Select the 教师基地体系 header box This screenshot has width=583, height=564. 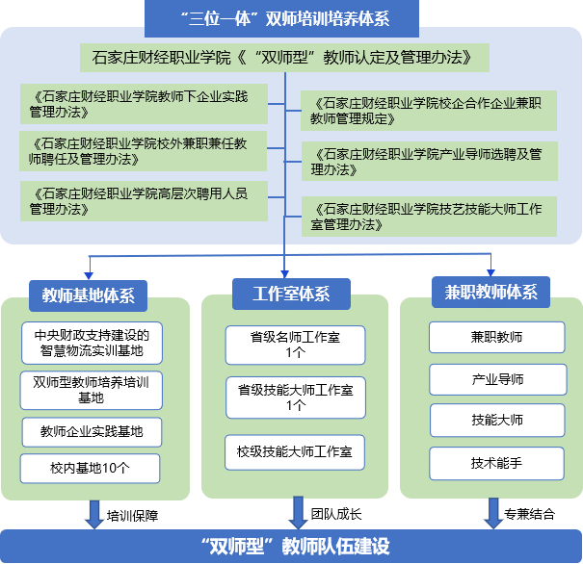(x=88, y=295)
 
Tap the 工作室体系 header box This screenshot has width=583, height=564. (x=291, y=294)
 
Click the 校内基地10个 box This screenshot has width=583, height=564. (x=91, y=468)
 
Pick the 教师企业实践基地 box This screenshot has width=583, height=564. (x=91, y=432)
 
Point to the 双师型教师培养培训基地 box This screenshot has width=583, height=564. (x=91, y=389)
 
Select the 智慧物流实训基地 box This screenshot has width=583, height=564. (x=91, y=344)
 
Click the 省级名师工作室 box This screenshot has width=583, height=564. (x=296, y=344)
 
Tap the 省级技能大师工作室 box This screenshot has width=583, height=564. (x=296, y=397)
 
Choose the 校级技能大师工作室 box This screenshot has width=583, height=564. (x=296, y=449)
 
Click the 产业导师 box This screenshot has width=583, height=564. (x=496, y=379)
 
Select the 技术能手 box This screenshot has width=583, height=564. (x=496, y=463)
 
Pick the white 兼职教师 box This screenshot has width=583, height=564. (x=496, y=338)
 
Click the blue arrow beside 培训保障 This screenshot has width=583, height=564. (x=94, y=513)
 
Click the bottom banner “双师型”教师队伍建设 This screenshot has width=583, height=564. (x=291, y=547)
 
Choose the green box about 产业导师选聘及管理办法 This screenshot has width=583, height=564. (x=429, y=161)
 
